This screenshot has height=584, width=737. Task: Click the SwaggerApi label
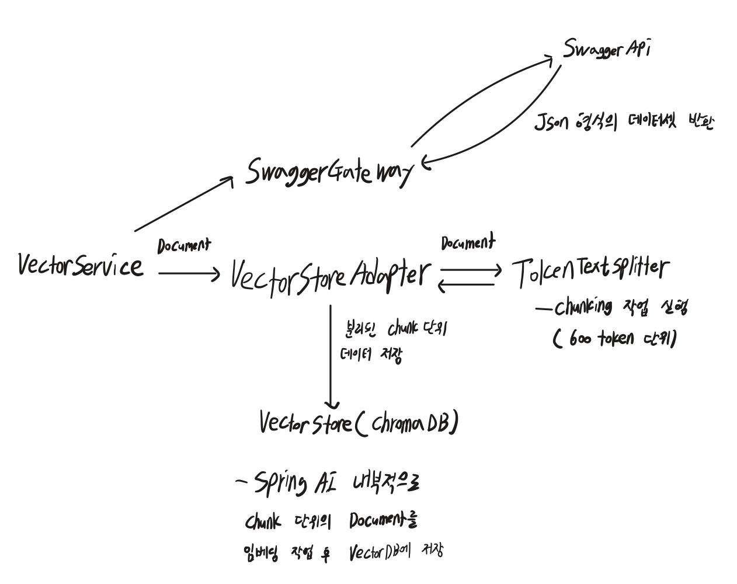[x=606, y=49]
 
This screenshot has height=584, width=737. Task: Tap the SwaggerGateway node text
[x=328, y=171]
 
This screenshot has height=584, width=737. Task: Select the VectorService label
[x=80, y=266]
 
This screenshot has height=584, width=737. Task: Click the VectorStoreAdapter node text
[x=331, y=276]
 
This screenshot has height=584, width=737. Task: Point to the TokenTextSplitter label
[x=591, y=270]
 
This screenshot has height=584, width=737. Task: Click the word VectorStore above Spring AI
[x=305, y=423]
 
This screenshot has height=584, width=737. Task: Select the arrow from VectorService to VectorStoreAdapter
[x=189, y=273]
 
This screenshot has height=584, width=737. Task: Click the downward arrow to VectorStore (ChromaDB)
[x=331, y=356]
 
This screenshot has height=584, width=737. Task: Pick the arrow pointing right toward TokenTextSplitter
[x=470, y=270]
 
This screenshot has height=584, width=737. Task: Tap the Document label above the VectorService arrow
[x=183, y=246]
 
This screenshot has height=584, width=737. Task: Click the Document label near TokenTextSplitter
[x=467, y=242]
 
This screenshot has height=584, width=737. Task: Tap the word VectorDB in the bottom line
[x=378, y=552]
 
